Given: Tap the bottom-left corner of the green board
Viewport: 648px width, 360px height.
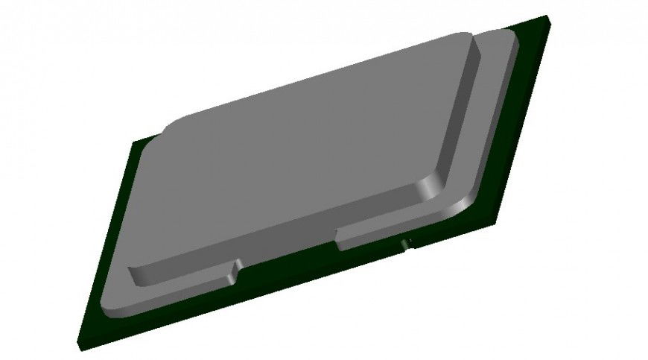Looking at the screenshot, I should point(77,344).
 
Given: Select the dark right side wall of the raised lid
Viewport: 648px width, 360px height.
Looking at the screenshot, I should point(455,119).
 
